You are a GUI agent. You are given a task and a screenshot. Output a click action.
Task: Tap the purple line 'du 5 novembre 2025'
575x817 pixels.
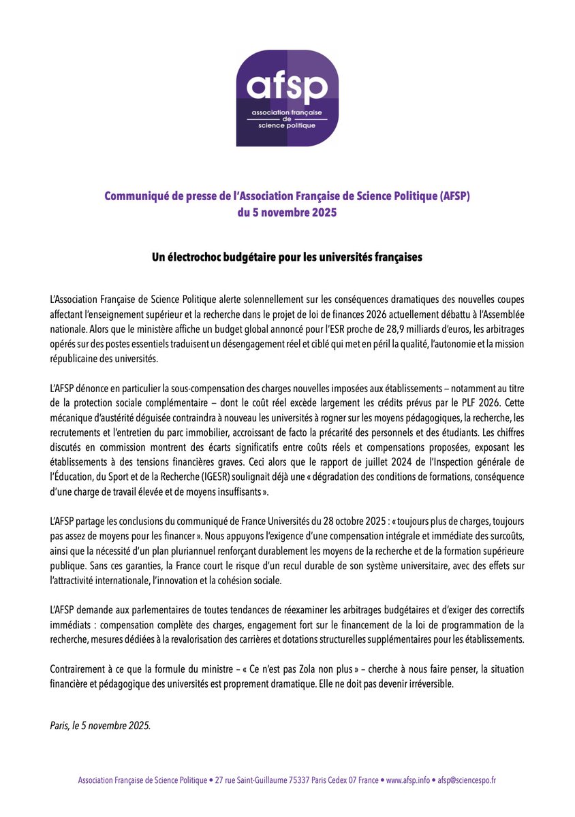pyautogui.click(x=287, y=212)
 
